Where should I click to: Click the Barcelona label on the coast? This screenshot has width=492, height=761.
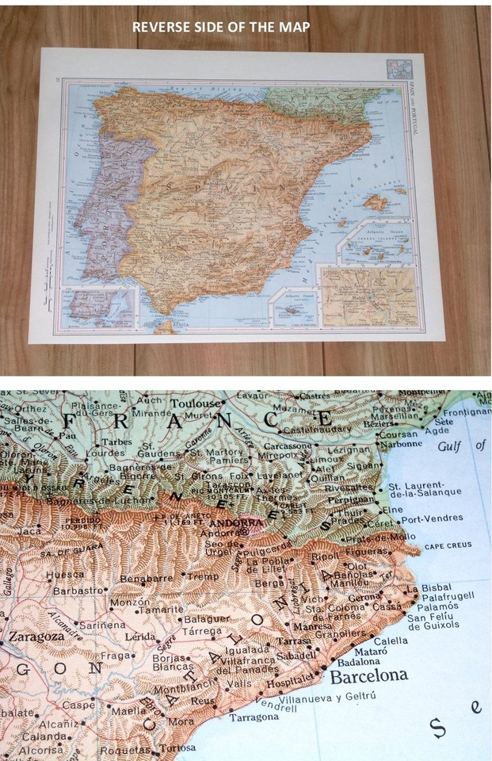[368, 676]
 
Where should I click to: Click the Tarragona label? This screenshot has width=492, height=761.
[254, 717]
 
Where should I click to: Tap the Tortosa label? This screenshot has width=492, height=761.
[177, 748]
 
